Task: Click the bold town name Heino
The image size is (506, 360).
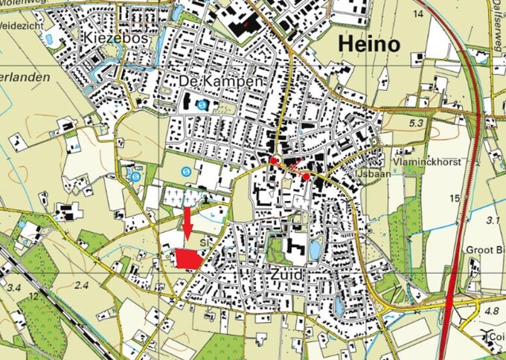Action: pos(369,44)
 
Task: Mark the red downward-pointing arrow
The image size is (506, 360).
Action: pos(188,224)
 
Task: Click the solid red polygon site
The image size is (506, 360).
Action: pos(188,258)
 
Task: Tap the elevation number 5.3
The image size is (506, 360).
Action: pos(416,122)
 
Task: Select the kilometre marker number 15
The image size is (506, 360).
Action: pos(455,198)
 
